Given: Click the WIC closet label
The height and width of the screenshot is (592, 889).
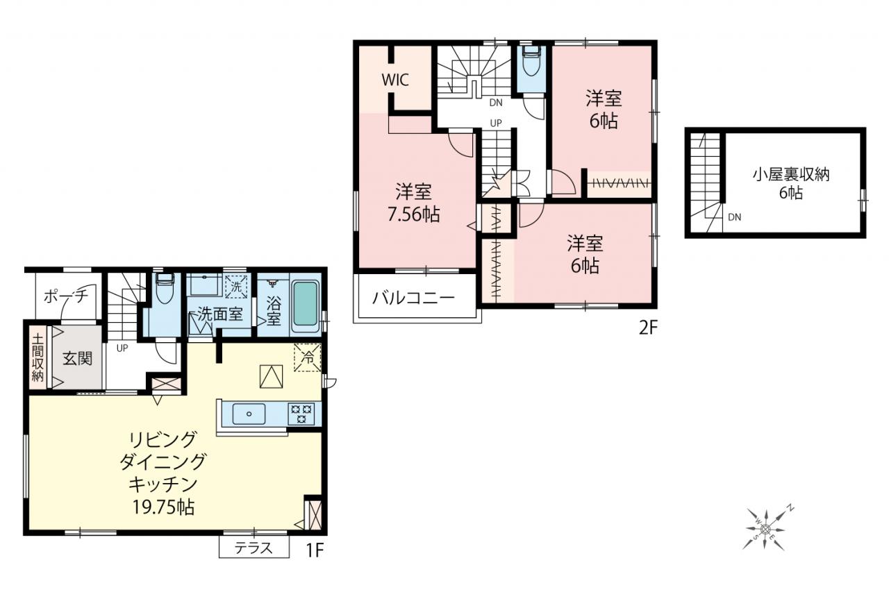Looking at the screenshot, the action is pos(395,80).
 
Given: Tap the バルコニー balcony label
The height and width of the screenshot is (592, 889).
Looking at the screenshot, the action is pos(413,298).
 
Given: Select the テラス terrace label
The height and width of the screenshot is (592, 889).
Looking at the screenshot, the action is pos(254,548).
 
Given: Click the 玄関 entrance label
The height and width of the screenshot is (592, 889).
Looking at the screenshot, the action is pos(77,359).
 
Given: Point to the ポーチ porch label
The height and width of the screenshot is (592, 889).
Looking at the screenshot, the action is pos(65,296).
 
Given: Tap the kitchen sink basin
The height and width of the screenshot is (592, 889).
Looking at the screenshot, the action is pos(249,414).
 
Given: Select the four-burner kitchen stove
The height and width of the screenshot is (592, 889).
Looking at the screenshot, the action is pos(301,414).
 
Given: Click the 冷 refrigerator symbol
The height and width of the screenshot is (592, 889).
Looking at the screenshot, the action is pos(308,357).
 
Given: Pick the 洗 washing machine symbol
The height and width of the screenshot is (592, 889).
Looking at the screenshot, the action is pos(236,287).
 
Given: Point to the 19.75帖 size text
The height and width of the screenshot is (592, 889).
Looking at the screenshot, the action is pos(163,507).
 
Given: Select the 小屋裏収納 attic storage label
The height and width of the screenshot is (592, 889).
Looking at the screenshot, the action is pos(791,175).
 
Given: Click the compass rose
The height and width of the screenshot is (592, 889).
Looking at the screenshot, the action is pos(765,528).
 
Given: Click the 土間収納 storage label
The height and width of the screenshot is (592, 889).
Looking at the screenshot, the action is pos(38,358).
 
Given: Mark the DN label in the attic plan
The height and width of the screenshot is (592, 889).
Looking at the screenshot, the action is pos(735,217).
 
